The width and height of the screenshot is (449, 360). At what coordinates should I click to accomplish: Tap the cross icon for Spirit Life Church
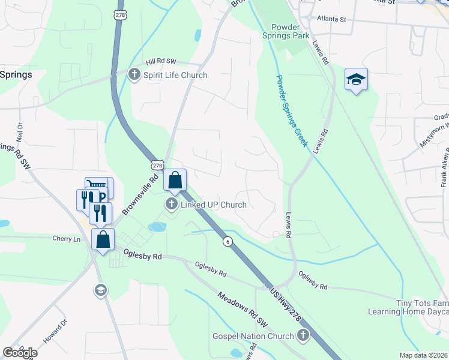coord(133,75)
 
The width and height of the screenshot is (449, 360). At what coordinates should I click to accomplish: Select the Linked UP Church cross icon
coord(172,205)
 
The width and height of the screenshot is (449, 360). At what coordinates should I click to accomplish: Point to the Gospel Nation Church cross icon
coord(303,334)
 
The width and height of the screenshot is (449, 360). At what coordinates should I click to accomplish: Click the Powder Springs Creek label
coord(292,110)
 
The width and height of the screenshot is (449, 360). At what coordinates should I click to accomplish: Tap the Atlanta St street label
coord(332,19)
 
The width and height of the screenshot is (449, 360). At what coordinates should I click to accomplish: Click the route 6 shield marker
coord(228,241)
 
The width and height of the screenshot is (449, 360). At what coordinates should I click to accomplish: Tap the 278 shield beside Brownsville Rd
coord(157,165)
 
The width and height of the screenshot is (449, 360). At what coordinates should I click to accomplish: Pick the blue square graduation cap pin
coord(356,80)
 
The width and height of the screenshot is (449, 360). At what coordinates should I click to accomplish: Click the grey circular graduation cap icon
coord(100,291)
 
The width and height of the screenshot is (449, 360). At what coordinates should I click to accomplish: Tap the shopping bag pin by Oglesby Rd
coord(103,239)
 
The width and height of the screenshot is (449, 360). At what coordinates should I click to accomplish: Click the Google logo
coord(19,352)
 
